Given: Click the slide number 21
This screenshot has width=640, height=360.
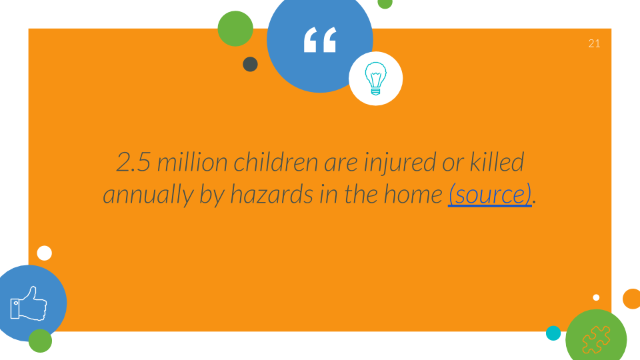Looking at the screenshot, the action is [x=594, y=44].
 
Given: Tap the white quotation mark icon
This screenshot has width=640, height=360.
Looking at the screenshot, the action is [x=320, y=39].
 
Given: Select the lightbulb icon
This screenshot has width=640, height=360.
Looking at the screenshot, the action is [x=375, y=79].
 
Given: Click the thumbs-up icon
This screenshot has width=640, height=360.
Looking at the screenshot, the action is [x=28, y=303].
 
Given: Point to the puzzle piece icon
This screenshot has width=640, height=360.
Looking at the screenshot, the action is [x=596, y=339].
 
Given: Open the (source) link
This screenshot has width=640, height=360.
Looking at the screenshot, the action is [x=490, y=194].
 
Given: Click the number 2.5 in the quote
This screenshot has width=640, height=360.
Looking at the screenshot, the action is [x=133, y=162].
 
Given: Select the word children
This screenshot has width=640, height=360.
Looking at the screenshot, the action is [x=275, y=162].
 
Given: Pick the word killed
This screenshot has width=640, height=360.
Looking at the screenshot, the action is [x=497, y=161].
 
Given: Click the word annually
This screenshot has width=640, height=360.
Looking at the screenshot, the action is [x=148, y=195].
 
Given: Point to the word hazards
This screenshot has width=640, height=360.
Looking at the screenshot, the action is [x=272, y=194].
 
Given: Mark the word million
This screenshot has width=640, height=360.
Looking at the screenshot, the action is [x=192, y=162].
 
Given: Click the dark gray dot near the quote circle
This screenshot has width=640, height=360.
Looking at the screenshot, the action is [x=250, y=64].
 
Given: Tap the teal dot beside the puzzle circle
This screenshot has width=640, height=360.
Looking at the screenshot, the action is [x=553, y=333].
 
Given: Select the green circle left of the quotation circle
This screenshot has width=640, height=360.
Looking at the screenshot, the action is [x=235, y=29].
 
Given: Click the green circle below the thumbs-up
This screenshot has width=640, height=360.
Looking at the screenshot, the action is [x=41, y=341].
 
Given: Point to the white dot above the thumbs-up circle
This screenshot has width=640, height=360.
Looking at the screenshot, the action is [x=45, y=253].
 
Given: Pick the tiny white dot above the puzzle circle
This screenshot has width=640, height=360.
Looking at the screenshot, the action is [x=596, y=297].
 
